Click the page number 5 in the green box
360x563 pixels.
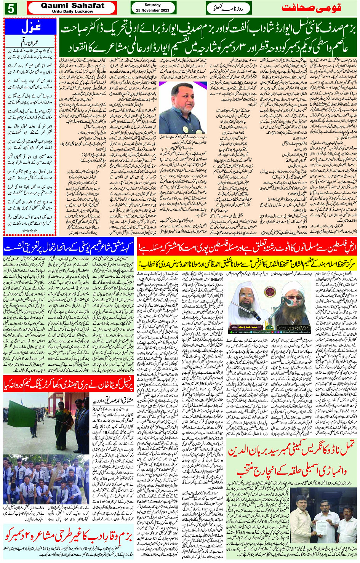[10, 8]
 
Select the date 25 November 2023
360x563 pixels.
[153, 10]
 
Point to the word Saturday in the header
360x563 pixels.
[153, 5]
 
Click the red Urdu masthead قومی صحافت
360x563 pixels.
[311, 8]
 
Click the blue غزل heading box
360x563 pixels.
[30, 27]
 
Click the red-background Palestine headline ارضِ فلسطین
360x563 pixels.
[248, 248]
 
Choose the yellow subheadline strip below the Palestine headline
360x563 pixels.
[248, 263]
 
